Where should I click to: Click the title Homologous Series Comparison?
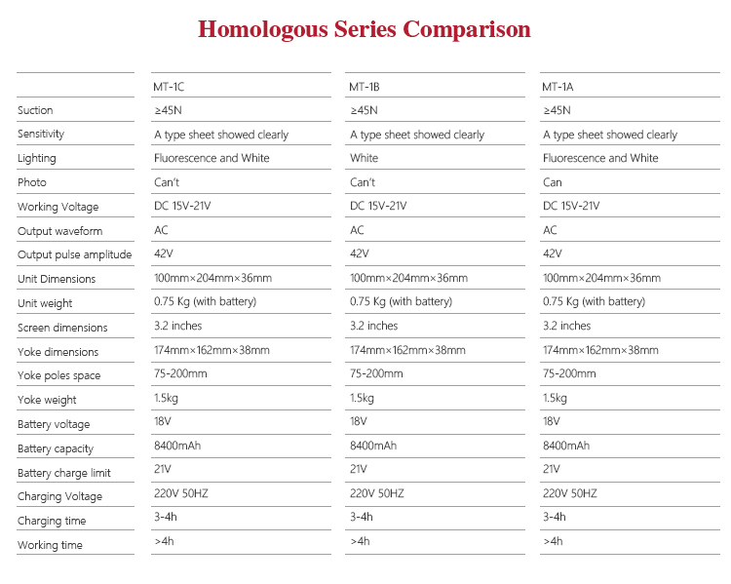pyautogui.click(x=365, y=29)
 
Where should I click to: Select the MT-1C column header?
pyautogui.click(x=169, y=87)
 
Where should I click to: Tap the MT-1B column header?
pyautogui.click(x=365, y=87)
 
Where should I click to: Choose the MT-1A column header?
pyautogui.click(x=558, y=87)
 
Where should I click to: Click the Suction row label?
pyautogui.click(x=35, y=110)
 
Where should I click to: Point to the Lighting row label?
pyautogui.click(x=37, y=158)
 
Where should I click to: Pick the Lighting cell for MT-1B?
pyautogui.click(x=365, y=158)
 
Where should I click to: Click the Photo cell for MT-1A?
pyautogui.click(x=553, y=182)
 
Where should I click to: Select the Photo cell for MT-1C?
pyautogui.click(x=167, y=182)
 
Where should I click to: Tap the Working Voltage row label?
pyautogui.click(x=58, y=207)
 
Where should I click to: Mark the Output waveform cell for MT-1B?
pyautogui.click(x=357, y=230)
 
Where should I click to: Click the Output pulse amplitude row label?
pyautogui.click(x=74, y=254)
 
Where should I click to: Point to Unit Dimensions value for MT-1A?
pyautogui.click(x=601, y=278)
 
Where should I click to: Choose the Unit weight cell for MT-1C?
pyautogui.click(x=205, y=302)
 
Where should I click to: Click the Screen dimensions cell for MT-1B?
pyautogui.click(x=374, y=326)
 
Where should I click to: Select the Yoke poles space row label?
pyautogui.click(x=58, y=375)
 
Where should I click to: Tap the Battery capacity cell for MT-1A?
pyautogui.click(x=566, y=446)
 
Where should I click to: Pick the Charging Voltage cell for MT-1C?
pyautogui.click(x=181, y=493)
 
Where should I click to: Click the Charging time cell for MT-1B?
pyautogui.click(x=362, y=517)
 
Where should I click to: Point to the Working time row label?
pyautogui.click(x=50, y=545)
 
